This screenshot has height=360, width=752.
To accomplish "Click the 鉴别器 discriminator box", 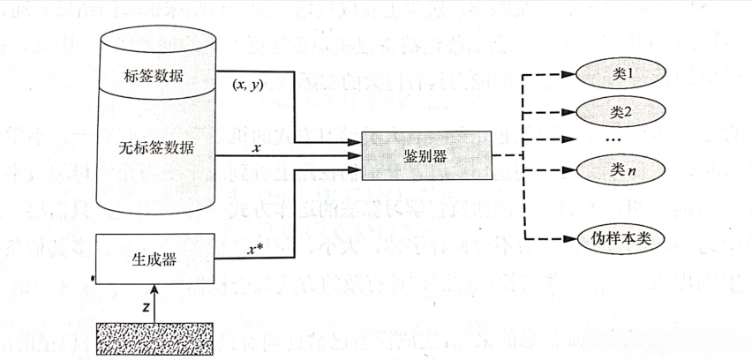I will tap(425, 156).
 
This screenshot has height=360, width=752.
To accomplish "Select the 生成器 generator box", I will tap(154, 259).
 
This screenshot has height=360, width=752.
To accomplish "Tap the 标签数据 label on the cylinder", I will tap(154, 76).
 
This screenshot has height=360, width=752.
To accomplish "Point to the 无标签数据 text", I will tap(154, 148).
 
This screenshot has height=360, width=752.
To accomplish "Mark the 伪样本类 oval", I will tap(620, 238).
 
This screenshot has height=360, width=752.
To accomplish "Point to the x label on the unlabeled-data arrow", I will tap(256, 148).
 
